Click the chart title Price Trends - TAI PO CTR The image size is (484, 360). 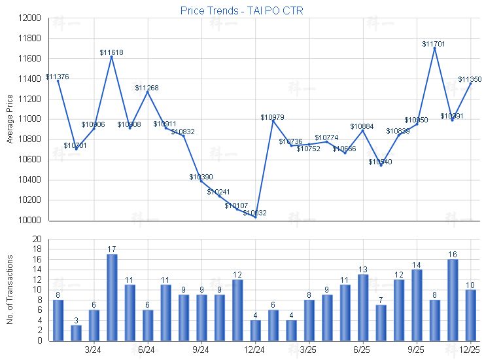tap(241, 10)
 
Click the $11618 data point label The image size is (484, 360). tap(112, 52)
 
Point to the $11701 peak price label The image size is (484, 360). tap(434, 44)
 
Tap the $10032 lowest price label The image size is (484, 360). tap(254, 213)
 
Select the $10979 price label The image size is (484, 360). tap(272, 117)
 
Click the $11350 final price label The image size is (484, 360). tap(470, 79)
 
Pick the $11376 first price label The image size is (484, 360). tap(58, 77)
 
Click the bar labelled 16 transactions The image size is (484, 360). tap(453, 300)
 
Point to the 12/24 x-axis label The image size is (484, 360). tap(255, 350)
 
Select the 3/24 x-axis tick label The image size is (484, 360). tap(94, 350)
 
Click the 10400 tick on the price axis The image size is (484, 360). tap(29, 180)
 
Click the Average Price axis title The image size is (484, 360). tap(9, 119)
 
